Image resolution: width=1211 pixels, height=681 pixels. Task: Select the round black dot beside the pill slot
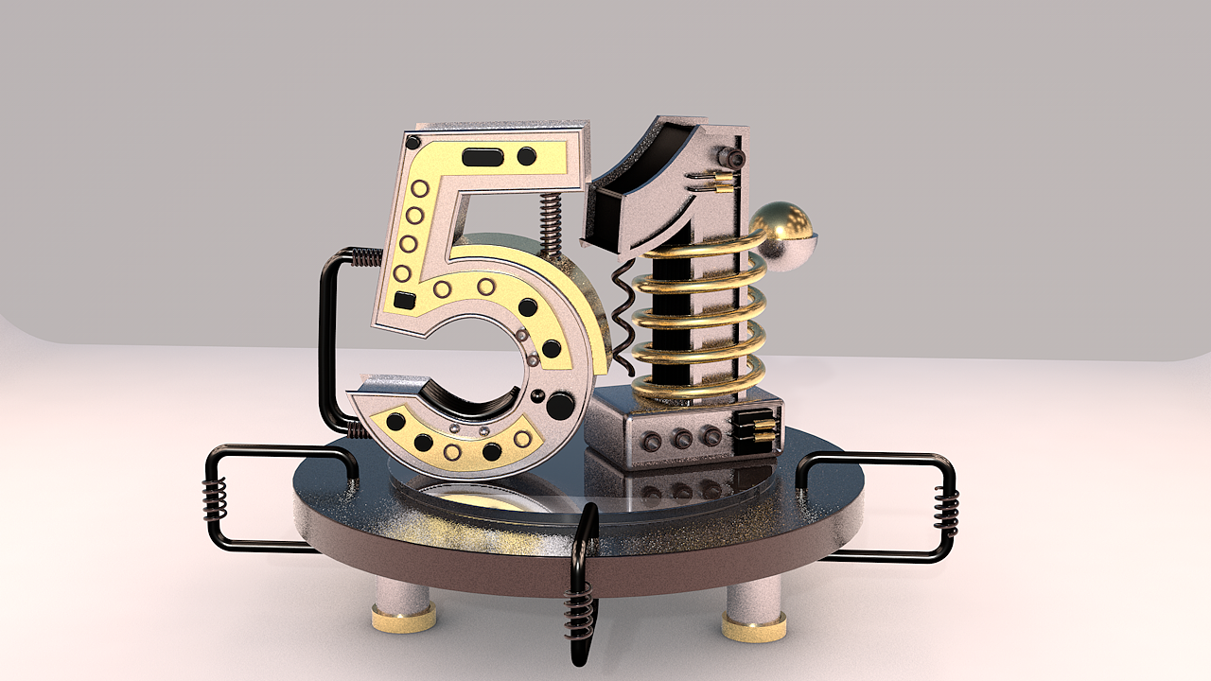527,156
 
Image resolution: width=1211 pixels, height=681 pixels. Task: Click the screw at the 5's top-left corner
412,143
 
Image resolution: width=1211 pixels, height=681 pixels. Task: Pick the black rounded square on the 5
404,301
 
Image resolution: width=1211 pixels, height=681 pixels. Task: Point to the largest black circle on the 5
560,406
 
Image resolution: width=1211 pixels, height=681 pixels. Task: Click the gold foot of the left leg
404,619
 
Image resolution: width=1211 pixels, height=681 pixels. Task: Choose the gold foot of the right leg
754,625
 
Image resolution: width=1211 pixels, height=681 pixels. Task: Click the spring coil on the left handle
215,498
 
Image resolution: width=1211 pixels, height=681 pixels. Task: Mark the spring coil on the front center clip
579,610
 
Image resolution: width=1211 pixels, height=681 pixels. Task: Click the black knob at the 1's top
730,157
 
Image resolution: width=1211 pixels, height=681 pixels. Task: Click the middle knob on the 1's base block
680,438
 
